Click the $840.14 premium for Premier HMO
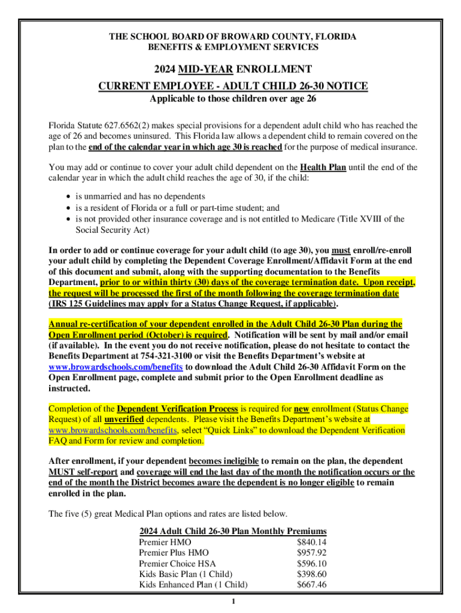[311, 542]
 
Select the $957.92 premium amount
[311, 553]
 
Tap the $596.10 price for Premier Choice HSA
[311, 563]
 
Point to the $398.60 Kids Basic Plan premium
[311, 574]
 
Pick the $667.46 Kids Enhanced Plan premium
[311, 585]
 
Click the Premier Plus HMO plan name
[169, 553]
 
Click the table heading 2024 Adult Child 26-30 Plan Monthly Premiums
[233, 531]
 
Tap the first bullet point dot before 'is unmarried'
[62, 197]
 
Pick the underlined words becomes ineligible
[223, 462]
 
